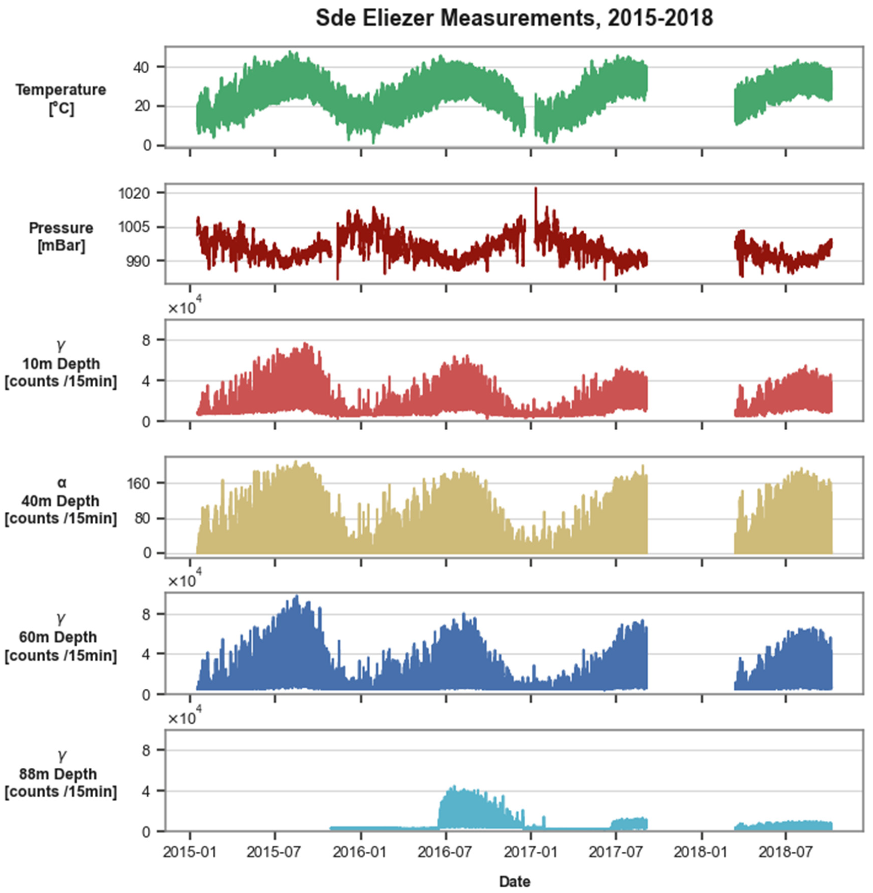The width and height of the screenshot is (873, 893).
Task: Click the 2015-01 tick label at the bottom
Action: [x=189, y=852]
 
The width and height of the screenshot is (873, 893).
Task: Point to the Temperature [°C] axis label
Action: [x=61, y=99]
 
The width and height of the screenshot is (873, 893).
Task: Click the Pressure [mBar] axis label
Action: [x=61, y=237]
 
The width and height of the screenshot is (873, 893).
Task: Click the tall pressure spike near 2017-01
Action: [x=536, y=190]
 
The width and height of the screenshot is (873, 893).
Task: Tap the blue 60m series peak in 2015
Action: [x=296, y=597]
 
